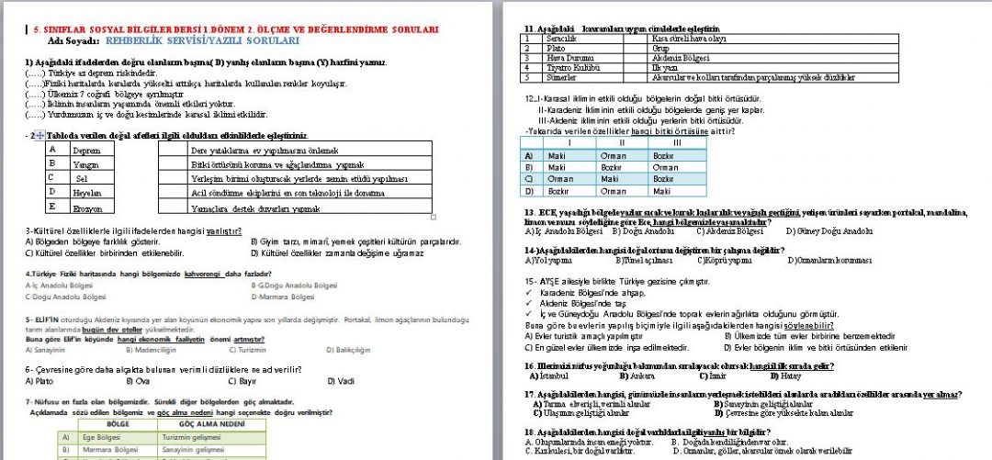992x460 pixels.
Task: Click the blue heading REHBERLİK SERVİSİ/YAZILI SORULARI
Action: pyautogui.click(x=201, y=41)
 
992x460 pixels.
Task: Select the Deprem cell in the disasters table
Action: pyautogui.click(x=86, y=150)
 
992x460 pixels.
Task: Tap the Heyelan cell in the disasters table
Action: pyautogui.click(x=87, y=194)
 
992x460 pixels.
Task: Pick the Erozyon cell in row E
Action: pyautogui.click(x=87, y=208)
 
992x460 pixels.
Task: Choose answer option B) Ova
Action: pyautogui.click(x=138, y=380)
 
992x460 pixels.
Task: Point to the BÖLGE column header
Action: pyautogui.click(x=118, y=425)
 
